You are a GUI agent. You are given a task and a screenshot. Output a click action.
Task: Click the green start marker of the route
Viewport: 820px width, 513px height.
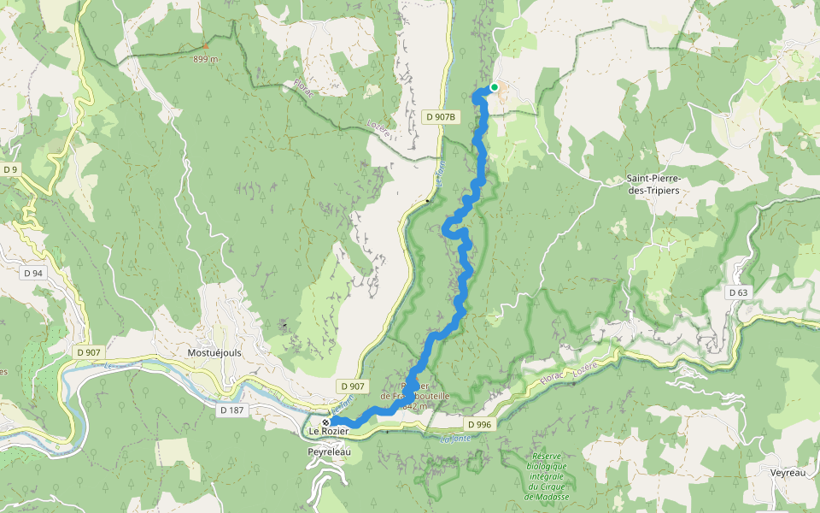pos(494,87)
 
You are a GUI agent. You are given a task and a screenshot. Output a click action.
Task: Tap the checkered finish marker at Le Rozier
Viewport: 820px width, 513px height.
pos(325,422)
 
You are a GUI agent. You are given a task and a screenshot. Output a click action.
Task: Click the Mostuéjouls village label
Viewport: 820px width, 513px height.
pos(209,352)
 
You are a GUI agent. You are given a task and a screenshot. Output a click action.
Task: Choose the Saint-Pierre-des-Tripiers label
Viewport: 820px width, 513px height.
pos(653,185)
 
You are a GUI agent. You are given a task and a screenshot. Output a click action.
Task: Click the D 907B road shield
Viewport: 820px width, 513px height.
pos(442,115)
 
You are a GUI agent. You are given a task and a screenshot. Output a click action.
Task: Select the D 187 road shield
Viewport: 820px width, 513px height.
pos(231,410)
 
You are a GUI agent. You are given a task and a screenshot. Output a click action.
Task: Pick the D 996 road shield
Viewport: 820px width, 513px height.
pos(480,424)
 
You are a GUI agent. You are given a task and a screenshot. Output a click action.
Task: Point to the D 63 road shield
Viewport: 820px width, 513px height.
pos(738,292)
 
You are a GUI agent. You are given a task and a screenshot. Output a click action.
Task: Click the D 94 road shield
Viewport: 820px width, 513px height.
pos(33,273)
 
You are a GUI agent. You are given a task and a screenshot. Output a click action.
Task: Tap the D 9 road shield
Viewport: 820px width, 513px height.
pos(10,169)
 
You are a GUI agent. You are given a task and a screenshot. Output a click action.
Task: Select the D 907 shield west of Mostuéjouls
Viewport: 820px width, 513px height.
pos(88,351)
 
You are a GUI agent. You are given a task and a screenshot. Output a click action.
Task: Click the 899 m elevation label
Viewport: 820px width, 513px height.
pos(206,59)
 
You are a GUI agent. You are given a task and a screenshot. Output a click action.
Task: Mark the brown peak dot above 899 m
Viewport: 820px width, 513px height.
pos(206,46)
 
